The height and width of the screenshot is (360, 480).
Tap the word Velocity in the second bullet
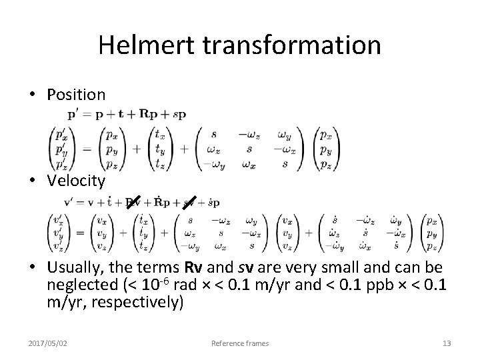point(76,180)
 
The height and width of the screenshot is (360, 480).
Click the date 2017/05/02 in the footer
point(52,343)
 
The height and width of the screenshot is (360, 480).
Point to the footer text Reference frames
point(240,343)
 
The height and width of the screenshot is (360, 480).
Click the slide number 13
point(446,343)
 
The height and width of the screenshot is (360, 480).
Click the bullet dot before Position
point(33,95)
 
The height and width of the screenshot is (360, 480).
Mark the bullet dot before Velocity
point(33,180)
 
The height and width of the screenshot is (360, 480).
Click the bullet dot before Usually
point(33,267)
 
